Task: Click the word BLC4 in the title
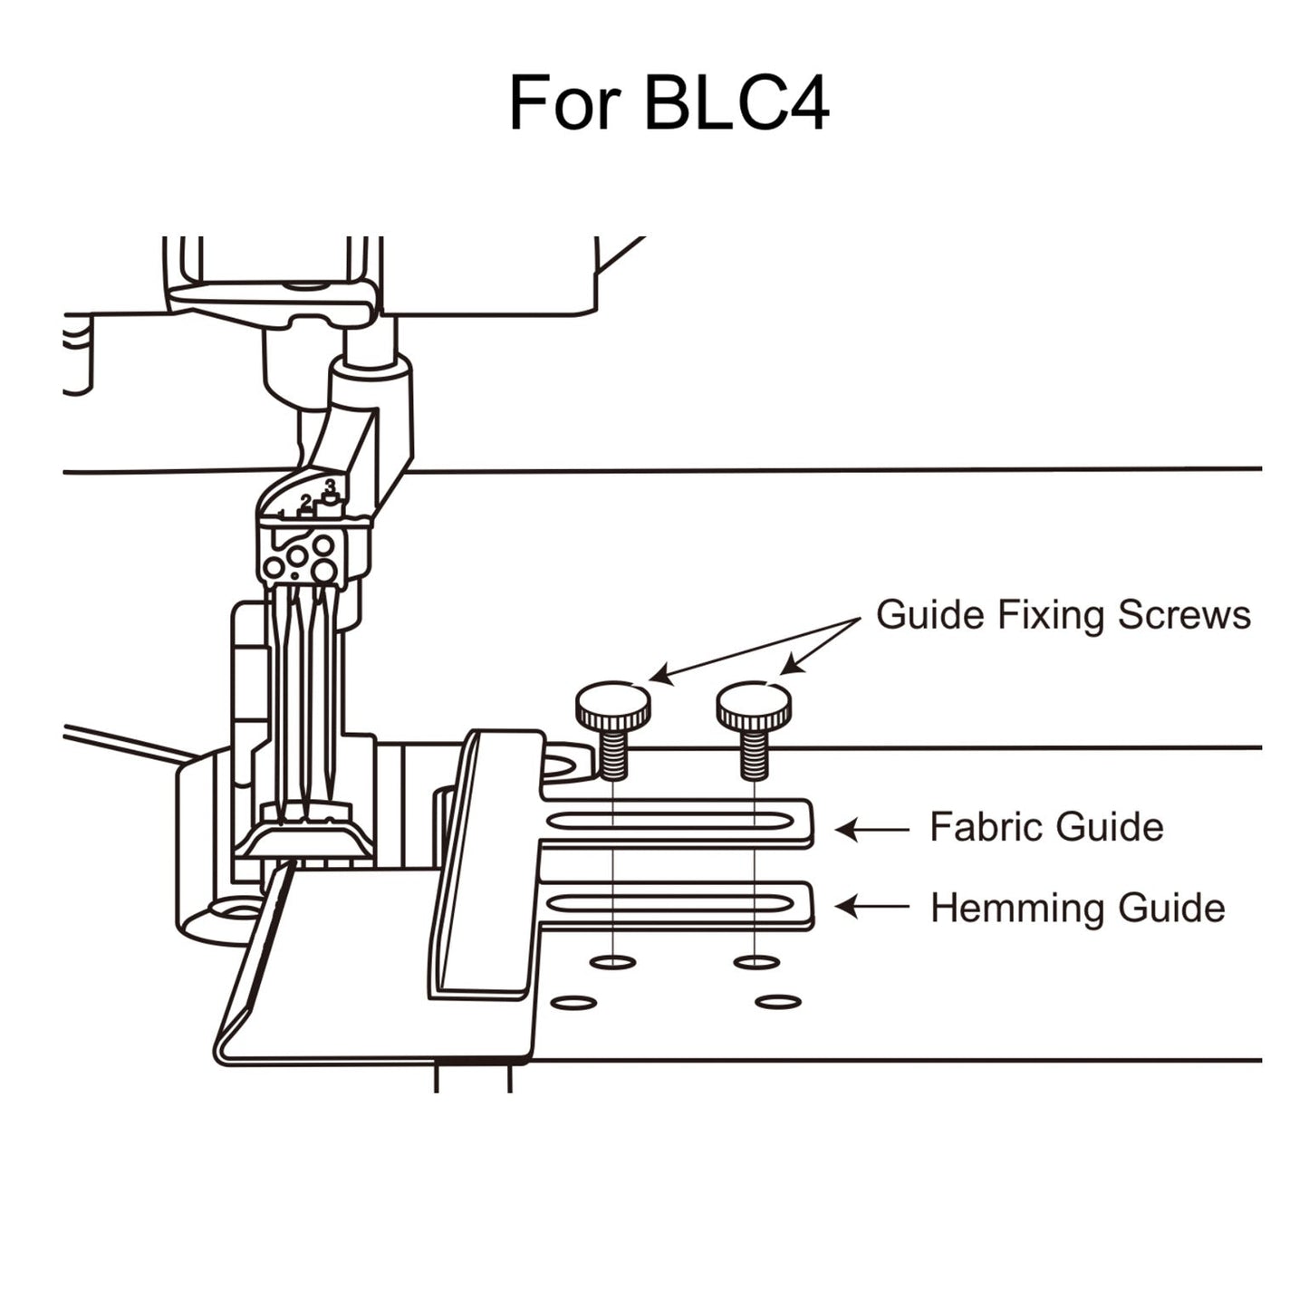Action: (x=736, y=103)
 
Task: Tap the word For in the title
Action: (x=565, y=103)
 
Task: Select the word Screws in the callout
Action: (x=1183, y=615)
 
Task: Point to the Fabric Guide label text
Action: (x=1046, y=827)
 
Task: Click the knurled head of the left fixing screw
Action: (x=612, y=707)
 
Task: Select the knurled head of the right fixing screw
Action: (x=754, y=707)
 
